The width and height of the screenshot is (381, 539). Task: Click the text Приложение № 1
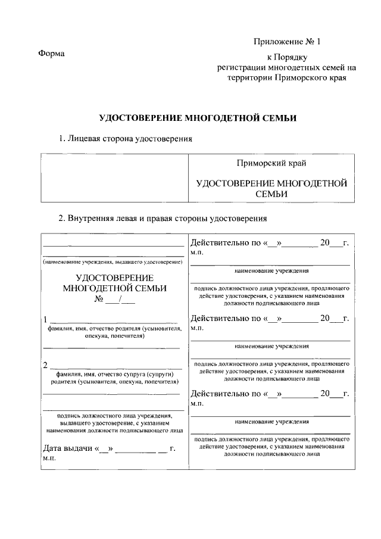click(x=286, y=42)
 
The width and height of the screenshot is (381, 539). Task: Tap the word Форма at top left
click(x=51, y=54)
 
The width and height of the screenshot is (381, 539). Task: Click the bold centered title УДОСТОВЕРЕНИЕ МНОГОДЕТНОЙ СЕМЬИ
click(x=197, y=118)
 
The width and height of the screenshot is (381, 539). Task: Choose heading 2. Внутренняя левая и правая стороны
click(x=162, y=218)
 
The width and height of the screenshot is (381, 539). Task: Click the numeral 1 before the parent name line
click(x=45, y=318)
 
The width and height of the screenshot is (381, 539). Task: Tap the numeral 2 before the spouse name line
click(x=45, y=364)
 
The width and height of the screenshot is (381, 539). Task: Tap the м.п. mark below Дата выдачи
click(x=48, y=459)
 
